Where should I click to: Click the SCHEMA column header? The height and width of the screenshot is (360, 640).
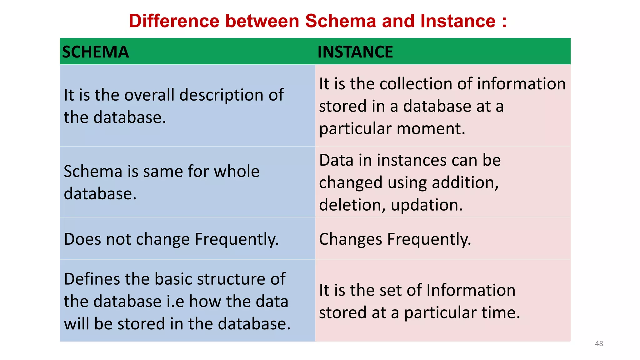point(95,52)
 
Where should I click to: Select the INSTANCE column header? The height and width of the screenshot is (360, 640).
point(355,52)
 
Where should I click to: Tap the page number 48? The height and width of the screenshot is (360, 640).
point(599,343)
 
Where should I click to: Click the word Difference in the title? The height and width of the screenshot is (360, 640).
point(174,21)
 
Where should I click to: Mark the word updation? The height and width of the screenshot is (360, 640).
point(426,205)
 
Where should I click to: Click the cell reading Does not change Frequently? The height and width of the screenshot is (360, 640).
point(171,239)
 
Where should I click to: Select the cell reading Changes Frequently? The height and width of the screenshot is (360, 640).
point(395,239)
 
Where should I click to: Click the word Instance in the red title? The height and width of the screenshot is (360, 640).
point(458,21)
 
